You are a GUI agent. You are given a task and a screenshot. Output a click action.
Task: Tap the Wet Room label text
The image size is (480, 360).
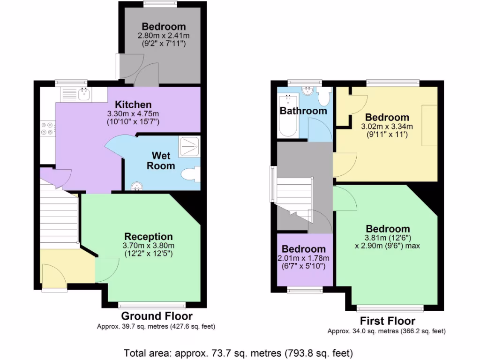tap(161, 160)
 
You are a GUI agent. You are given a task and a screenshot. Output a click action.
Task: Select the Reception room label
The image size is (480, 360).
tap(148, 237)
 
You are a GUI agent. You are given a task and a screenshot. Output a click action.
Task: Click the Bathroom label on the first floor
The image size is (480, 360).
tap(303, 111)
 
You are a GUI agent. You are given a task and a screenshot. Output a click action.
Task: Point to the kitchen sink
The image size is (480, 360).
tap(84, 95)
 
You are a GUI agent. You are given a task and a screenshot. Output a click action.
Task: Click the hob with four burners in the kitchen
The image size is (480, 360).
tap(47, 129)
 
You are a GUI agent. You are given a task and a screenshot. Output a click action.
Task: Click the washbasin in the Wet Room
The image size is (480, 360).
tap(137, 187)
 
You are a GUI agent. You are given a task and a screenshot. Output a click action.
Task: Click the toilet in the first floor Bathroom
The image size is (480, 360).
tap(323, 97)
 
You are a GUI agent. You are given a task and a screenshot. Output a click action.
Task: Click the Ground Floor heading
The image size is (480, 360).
tap(157, 316)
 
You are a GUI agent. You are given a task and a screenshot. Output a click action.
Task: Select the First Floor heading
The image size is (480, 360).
tap(387, 321)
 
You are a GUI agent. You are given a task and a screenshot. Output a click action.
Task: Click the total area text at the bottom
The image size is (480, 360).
tap(238, 352)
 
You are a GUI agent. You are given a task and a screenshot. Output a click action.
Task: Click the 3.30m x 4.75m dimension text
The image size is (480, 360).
tap(134, 113)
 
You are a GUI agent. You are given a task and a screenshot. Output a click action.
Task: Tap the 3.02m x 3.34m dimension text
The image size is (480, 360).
tap(387, 126)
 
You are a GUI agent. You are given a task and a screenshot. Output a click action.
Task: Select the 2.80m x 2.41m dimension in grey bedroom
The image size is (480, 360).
tap(164, 36)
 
